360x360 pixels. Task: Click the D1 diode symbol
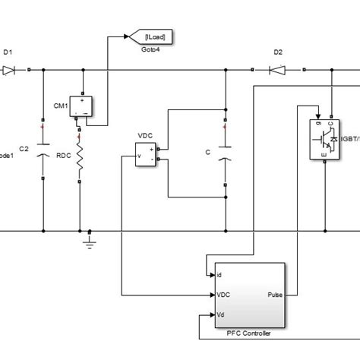coord(10,71)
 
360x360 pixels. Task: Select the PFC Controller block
coord(248,292)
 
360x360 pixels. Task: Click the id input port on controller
coord(219,275)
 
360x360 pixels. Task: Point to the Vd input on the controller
coord(220,314)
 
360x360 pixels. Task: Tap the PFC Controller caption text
coord(248,332)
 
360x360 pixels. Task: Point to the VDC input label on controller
coord(223,295)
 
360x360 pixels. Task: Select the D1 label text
coord(8,53)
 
